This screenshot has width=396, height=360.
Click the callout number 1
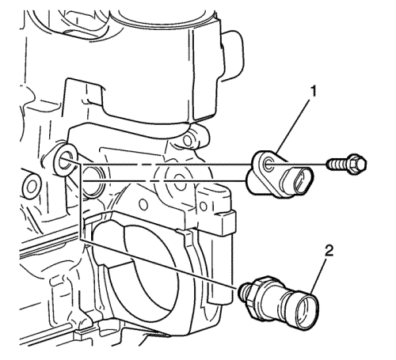pyautogui.click(x=313, y=93)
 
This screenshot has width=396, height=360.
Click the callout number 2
pyautogui.click(x=328, y=252)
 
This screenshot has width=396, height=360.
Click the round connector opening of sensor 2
pyautogui.click(x=307, y=312)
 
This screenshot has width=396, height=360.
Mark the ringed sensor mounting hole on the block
pyautogui.click(x=64, y=160)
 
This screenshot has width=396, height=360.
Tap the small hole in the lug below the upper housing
pyautogui.click(x=188, y=141)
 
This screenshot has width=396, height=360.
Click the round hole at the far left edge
pyautogui.click(x=30, y=188)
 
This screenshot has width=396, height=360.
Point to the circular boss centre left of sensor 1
pyautogui.click(x=180, y=183)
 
